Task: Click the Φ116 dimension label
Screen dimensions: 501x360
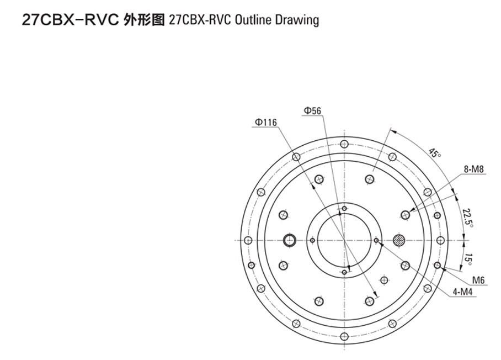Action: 266,123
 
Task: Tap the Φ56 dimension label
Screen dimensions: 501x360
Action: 312,111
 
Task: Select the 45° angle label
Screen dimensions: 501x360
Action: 434,152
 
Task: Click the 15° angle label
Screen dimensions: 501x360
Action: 469,260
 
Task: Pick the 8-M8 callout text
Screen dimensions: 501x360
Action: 474,169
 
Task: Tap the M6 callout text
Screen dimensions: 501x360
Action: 478,280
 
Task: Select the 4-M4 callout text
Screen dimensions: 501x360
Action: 462,292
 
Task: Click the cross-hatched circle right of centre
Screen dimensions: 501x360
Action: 399,240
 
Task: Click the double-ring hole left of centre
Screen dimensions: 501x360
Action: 290,240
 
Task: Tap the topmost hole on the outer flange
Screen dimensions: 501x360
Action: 344,144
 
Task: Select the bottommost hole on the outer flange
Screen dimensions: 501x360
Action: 344,336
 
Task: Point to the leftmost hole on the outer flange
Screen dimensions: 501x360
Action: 248,240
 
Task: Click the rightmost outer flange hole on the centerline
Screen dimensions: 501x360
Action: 440,240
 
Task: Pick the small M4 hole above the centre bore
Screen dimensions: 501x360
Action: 344,209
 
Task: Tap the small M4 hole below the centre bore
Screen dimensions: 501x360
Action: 344,272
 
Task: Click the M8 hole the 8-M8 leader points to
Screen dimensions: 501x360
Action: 405,215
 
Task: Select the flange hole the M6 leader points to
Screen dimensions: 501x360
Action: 438,265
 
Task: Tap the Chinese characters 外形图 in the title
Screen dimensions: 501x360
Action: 143,20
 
